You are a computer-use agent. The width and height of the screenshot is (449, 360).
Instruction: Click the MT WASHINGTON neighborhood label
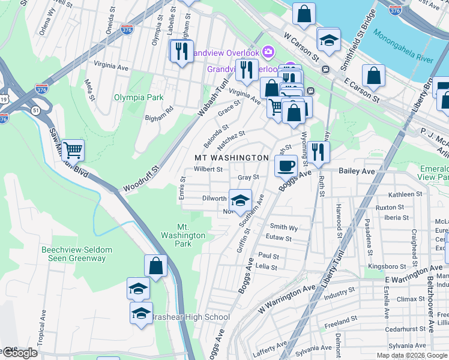click(x=232, y=157)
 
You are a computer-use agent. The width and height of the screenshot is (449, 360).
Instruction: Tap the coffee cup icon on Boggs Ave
click(x=286, y=165)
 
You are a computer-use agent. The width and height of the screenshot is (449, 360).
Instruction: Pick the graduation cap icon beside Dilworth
click(x=240, y=200)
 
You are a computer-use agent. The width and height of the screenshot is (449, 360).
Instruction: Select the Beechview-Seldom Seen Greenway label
click(x=74, y=254)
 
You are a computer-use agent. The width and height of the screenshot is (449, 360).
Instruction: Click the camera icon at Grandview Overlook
click(x=267, y=51)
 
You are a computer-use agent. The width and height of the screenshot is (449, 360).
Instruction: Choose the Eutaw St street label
click(x=280, y=238)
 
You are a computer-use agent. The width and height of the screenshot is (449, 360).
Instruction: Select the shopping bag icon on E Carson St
click(x=373, y=76)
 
